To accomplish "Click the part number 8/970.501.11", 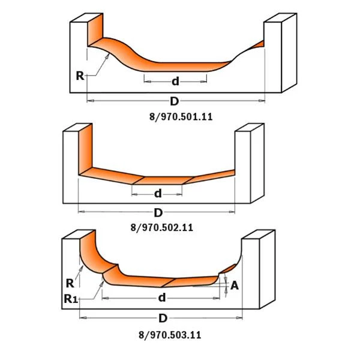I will (x=180, y=118).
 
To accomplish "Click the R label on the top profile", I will (x=79, y=76).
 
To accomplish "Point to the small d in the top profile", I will (x=176, y=81).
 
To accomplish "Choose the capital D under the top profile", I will (x=175, y=101).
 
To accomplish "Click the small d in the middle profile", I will (x=158, y=193).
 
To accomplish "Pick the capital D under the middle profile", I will (x=158, y=212).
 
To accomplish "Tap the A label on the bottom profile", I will (x=234, y=286).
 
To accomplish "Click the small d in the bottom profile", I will (x=162, y=298).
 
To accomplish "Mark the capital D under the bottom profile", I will (x=163, y=318).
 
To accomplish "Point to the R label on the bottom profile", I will (x=70, y=283).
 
